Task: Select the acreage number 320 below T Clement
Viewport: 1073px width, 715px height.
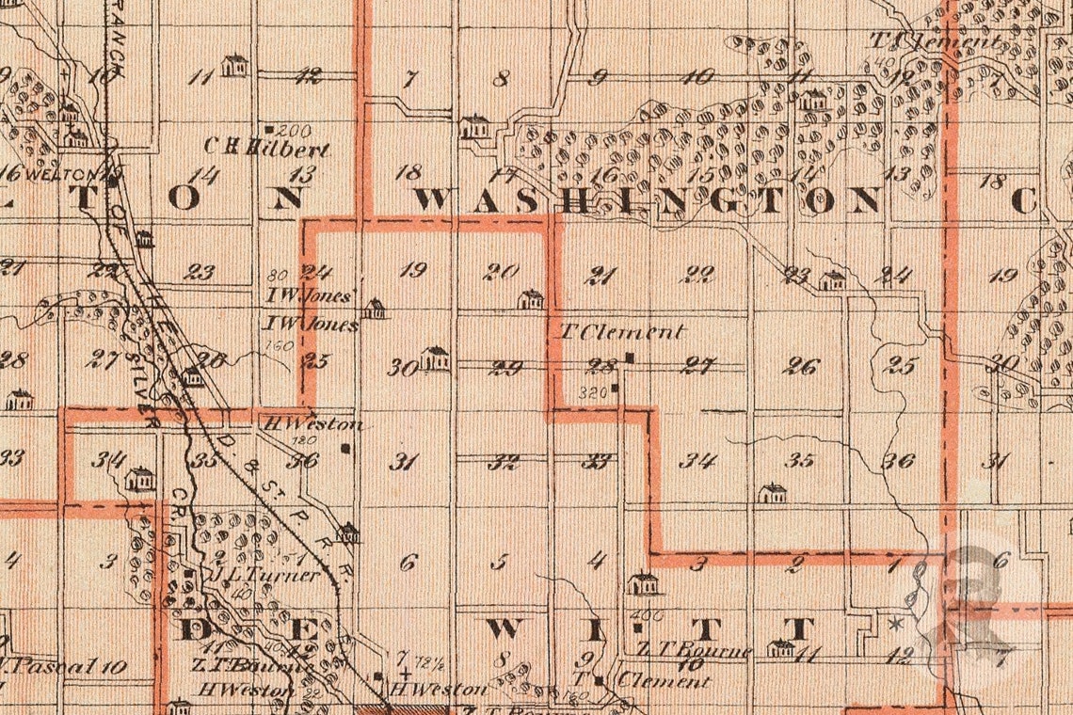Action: tap(592, 390)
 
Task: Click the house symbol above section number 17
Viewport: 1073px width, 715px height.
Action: tap(474, 126)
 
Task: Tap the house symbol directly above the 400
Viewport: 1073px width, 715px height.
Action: tap(644, 583)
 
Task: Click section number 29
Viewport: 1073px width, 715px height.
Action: tap(506, 368)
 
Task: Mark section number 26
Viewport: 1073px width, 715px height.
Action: tap(800, 366)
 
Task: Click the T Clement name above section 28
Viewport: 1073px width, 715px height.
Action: tap(622, 332)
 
